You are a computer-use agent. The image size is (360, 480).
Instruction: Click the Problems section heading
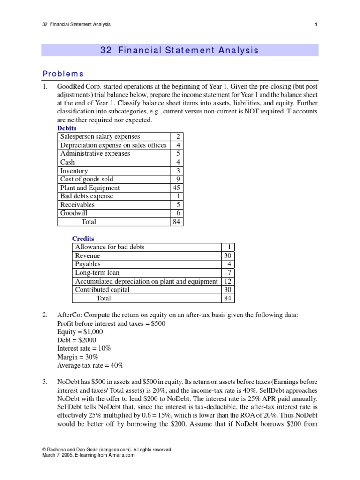point(63,74)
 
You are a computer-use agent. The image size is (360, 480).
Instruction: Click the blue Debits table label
point(67,128)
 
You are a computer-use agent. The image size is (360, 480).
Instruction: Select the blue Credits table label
point(82,239)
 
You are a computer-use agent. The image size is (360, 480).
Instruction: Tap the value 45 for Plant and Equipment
point(176,187)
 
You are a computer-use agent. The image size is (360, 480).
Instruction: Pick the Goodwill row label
point(74,213)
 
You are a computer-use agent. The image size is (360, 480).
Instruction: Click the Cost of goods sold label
point(87,179)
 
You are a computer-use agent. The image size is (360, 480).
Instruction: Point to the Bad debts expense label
point(87,196)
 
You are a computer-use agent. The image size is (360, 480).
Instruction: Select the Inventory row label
point(74,171)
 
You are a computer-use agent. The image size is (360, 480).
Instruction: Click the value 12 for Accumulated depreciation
point(227,281)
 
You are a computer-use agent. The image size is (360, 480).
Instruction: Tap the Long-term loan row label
point(97,273)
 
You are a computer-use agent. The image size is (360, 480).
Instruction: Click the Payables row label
point(88,264)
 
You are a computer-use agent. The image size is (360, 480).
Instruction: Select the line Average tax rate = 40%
point(90,366)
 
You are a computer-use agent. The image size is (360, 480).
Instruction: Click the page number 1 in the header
point(316,25)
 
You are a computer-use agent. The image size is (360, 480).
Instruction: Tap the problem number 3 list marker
point(45,382)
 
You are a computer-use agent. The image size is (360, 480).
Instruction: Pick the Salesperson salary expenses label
point(100,136)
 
